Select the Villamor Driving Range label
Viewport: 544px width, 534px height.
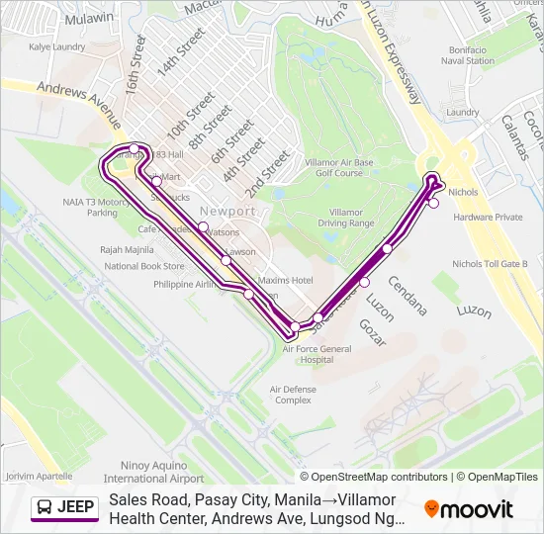[x=345, y=218]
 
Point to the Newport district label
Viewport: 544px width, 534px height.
[x=227, y=212]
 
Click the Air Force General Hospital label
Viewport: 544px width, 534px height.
[x=317, y=354]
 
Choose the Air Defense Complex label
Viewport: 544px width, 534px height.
[x=294, y=395]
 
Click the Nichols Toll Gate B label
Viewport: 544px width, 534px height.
[x=490, y=264]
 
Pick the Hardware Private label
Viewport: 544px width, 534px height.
[x=489, y=217]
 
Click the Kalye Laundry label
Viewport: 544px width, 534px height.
[x=56, y=46]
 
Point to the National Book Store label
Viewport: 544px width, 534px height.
[x=144, y=266]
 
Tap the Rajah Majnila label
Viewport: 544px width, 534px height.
[x=126, y=250]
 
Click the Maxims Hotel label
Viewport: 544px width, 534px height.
[x=286, y=280]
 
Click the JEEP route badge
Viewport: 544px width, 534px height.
[x=65, y=507]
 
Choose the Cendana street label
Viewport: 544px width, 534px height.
[x=408, y=296]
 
